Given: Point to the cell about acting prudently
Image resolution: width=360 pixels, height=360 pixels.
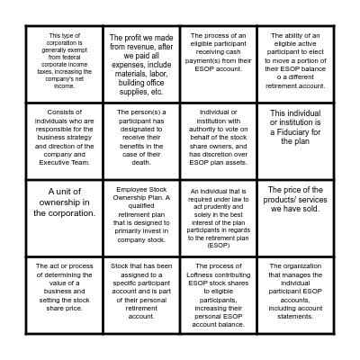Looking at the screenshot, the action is point(219,217).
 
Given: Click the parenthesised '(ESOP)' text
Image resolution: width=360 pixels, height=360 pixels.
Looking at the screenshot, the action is point(219,245).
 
